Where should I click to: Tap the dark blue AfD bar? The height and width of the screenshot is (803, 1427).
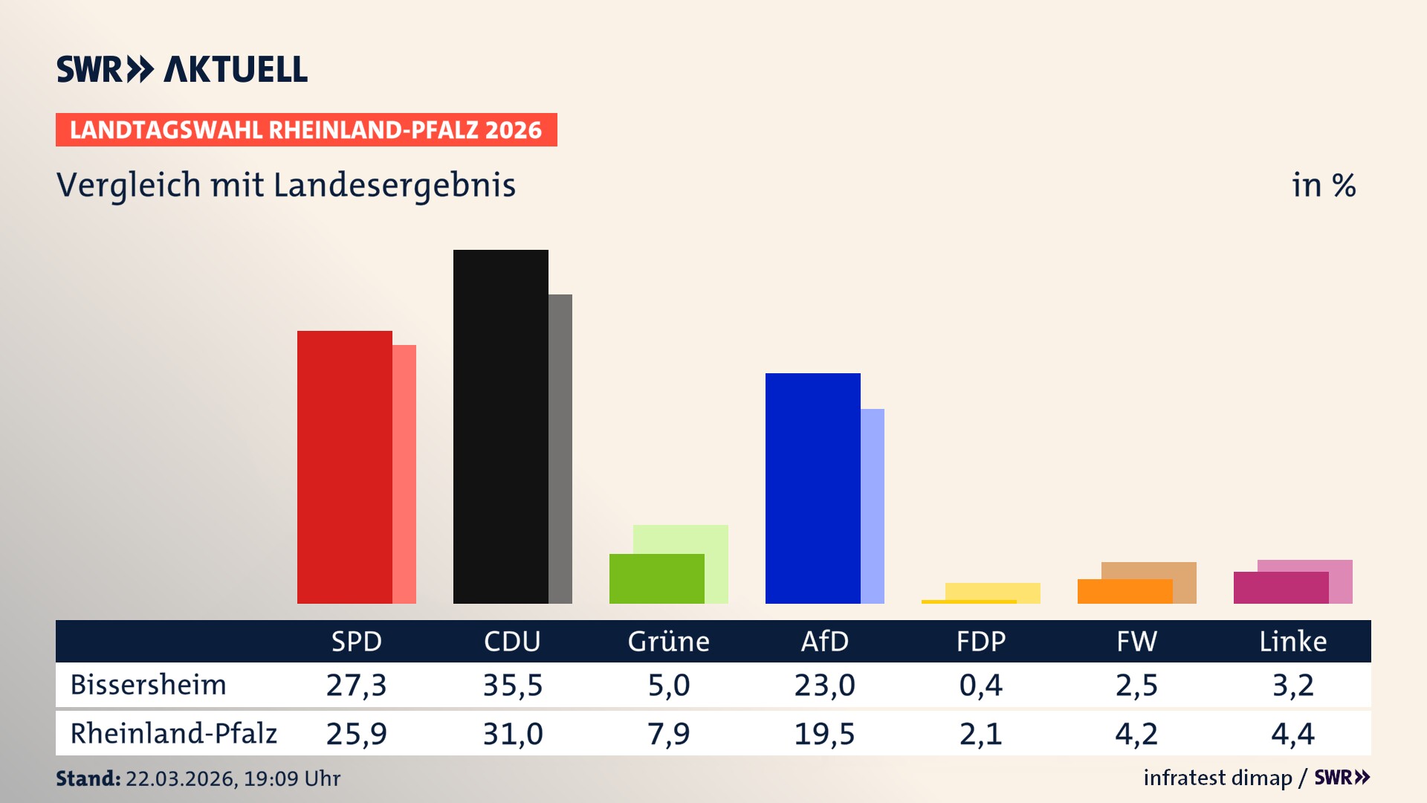pos(812,488)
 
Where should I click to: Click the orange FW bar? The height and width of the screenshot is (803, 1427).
pos(1125,591)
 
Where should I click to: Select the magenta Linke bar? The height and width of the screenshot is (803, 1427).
pos(1281,587)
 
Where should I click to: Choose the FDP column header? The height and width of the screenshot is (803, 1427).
pos(980,641)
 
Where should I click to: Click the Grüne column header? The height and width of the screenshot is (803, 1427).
pos(668,641)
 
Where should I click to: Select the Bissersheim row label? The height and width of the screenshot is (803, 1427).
pos(148,685)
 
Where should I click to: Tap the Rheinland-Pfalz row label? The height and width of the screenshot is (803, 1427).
pos(173,734)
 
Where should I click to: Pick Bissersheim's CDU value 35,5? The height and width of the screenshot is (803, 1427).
pos(512,685)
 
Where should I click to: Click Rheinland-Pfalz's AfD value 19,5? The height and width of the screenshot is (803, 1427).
pos(824,734)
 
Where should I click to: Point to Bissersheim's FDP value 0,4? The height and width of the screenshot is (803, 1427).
pos(980,685)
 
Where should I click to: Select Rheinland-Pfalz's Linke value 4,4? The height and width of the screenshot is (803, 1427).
pos(1292,734)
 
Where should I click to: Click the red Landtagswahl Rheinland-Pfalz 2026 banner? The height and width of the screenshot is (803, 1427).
pos(306,130)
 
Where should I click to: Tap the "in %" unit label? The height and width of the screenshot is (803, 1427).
pos(1323,185)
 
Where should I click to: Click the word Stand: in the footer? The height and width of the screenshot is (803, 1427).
pos(88,778)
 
